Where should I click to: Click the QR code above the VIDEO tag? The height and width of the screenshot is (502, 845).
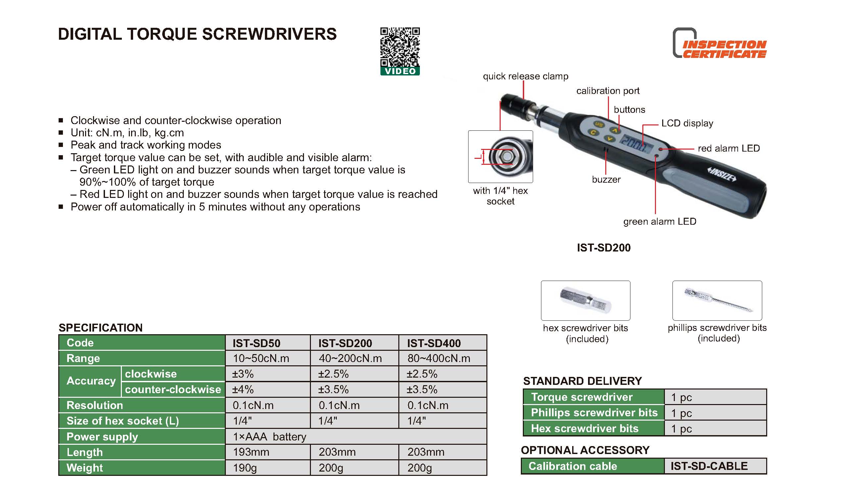[400, 47]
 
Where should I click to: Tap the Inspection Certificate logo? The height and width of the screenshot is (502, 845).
[720, 43]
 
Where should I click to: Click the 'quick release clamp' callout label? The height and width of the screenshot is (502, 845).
[525, 76]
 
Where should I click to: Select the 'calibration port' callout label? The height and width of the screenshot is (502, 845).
[608, 91]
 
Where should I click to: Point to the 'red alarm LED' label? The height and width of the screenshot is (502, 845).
[728, 148]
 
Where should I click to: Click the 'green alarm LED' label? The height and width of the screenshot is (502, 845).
[659, 222]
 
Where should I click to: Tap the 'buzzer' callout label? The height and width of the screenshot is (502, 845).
[606, 179]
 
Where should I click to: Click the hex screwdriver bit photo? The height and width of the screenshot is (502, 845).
[585, 300]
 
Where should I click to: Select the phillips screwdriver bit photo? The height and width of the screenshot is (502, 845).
[717, 300]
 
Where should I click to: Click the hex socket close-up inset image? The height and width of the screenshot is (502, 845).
[500, 156]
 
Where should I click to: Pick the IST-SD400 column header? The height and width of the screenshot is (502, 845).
[433, 343]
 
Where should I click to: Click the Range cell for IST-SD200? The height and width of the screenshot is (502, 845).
[350, 358]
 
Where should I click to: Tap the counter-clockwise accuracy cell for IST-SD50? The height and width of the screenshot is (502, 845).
[243, 389]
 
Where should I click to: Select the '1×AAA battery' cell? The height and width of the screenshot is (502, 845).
[270, 437]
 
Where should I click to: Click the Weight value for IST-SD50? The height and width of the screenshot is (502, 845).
[245, 468]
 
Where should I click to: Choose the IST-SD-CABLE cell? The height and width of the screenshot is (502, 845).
[709, 466]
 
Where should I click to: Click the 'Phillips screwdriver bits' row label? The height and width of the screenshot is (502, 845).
[594, 413]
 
